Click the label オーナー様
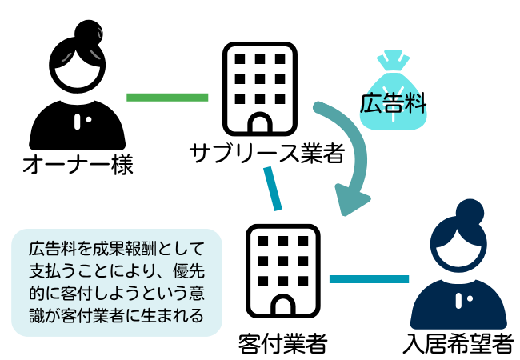pyautogui.click(x=77, y=166)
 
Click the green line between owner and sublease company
pyautogui.click(x=167, y=98)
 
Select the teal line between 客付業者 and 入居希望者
pyautogui.click(x=369, y=278)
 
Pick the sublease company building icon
pyautogui.click(x=258, y=88)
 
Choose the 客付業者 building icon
pyautogui.click(x=283, y=269)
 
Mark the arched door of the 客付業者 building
pyautogui.click(x=283, y=302)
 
